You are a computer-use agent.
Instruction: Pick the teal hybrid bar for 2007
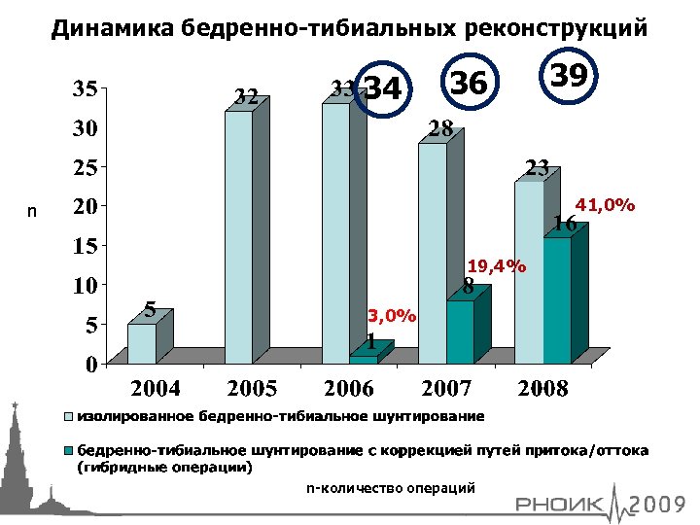tap(460, 332)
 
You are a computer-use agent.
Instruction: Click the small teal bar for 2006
tap(363, 359)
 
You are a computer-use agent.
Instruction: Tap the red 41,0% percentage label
tap(606, 205)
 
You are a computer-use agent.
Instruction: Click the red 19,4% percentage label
tap(496, 265)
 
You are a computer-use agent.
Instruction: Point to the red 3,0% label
tap(392, 315)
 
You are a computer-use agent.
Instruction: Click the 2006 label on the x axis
tap(348, 389)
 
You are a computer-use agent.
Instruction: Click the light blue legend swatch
tap(68, 417)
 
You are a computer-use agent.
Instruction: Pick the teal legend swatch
tap(68, 452)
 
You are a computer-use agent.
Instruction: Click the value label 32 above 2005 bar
tap(246, 96)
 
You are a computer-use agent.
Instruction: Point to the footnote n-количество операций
tap(390, 487)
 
